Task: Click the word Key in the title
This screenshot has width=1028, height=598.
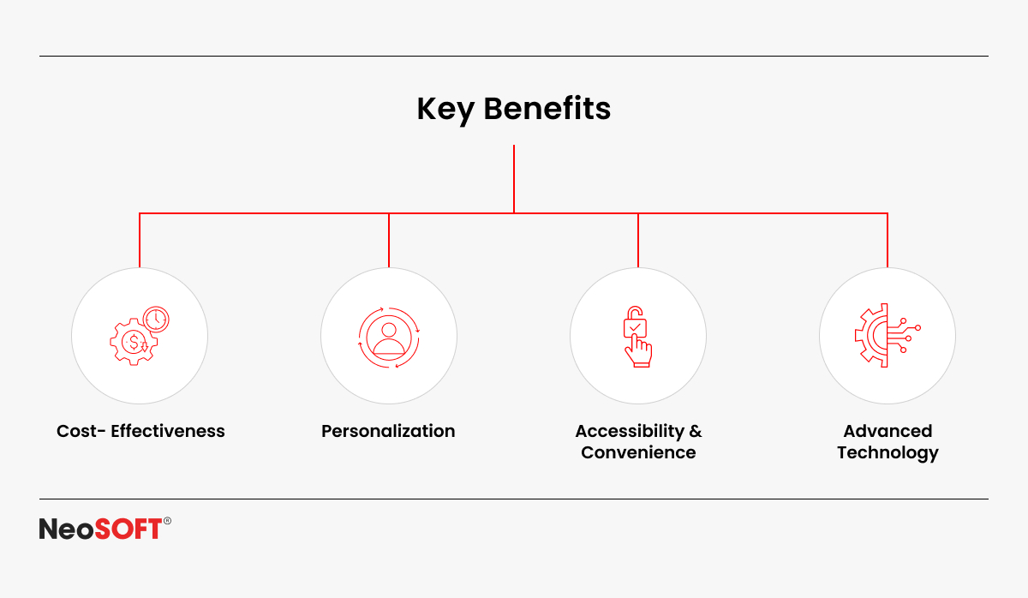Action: click(x=445, y=111)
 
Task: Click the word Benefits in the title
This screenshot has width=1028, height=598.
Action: click(x=547, y=108)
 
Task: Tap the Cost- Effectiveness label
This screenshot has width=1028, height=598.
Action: click(x=140, y=431)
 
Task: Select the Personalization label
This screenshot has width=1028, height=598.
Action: click(x=388, y=431)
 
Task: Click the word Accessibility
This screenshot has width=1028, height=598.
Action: click(x=630, y=432)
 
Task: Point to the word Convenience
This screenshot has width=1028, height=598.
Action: click(x=638, y=452)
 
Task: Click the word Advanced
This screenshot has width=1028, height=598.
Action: click(x=888, y=431)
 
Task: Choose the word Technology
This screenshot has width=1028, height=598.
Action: click(x=888, y=453)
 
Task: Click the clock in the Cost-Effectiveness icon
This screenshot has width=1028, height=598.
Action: click(x=156, y=319)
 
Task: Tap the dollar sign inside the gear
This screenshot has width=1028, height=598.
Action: click(x=134, y=342)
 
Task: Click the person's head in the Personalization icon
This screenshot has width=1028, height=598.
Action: click(x=389, y=330)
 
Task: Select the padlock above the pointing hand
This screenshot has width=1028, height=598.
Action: click(x=635, y=322)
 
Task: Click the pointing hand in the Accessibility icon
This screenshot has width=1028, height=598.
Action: click(x=638, y=351)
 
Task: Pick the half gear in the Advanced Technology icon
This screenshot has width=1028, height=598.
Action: click(x=871, y=336)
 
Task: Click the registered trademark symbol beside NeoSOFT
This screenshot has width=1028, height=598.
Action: click(x=167, y=521)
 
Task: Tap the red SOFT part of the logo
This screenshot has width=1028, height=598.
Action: click(x=128, y=529)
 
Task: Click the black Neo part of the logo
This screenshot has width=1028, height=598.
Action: click(x=67, y=529)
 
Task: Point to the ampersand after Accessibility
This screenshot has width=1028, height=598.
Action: click(x=696, y=432)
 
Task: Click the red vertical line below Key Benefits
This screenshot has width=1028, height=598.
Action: click(x=514, y=179)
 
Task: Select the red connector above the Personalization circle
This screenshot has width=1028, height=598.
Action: click(x=389, y=240)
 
